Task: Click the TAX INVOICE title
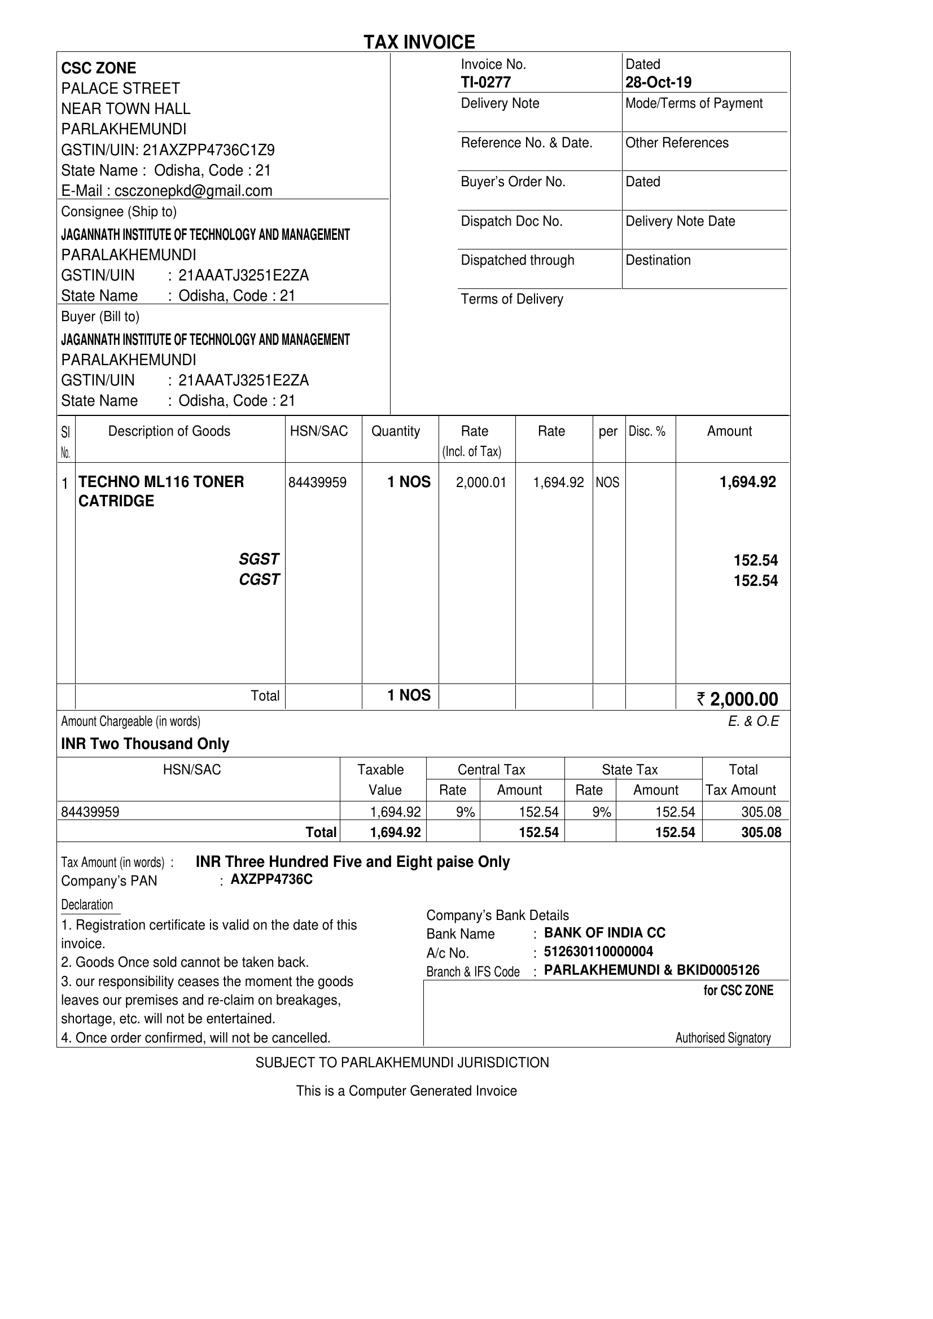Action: click(419, 42)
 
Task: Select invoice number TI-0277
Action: click(485, 83)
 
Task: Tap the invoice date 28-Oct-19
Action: click(658, 83)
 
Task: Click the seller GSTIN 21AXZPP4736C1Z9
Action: click(208, 150)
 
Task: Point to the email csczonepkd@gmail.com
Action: click(193, 191)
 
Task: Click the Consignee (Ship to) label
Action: click(119, 212)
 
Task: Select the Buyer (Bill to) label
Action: click(100, 317)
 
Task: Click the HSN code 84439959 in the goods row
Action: click(317, 483)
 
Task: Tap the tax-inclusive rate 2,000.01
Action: click(481, 483)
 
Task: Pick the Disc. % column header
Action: click(647, 431)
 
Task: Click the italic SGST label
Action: click(259, 559)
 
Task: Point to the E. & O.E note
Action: click(753, 721)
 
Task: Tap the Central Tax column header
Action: click(491, 770)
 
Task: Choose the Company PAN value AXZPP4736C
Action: click(271, 879)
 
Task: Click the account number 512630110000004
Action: click(598, 952)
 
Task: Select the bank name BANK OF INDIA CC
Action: click(605, 933)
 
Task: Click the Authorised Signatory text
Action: click(722, 1038)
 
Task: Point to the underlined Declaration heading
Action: click(87, 905)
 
